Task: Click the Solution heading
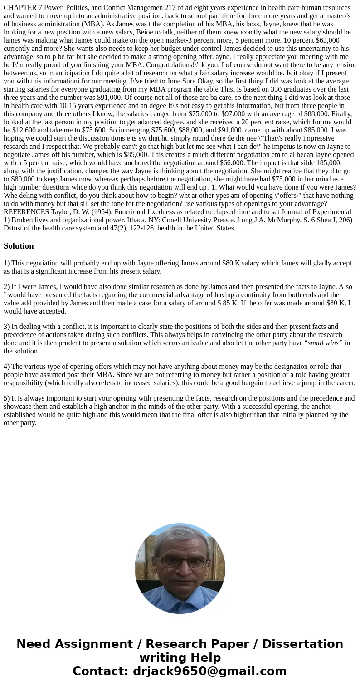click(x=19, y=246)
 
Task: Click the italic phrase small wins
click(x=323, y=343)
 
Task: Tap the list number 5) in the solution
click(x=7, y=398)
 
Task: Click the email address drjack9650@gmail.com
click(x=210, y=671)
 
